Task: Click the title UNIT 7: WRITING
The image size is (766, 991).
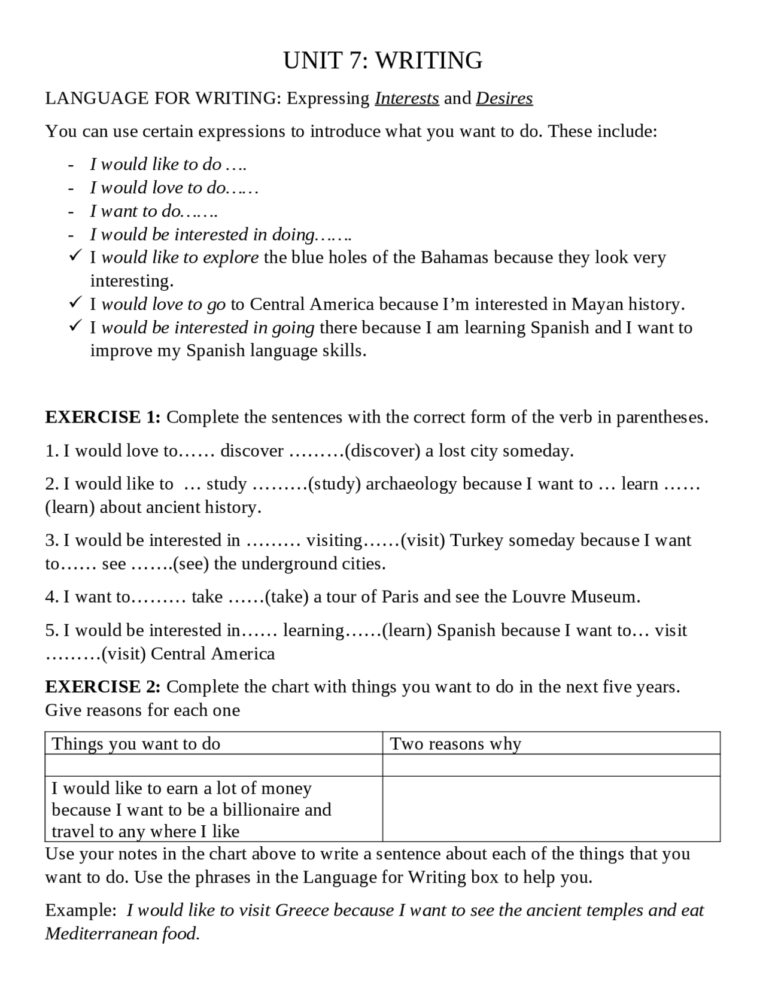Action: click(382, 61)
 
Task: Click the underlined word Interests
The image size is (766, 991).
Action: click(407, 98)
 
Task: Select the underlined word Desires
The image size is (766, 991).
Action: click(504, 98)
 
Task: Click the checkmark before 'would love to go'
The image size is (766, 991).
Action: click(75, 303)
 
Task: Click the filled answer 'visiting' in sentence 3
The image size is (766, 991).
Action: click(334, 540)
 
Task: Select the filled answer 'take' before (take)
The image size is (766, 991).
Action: click(207, 597)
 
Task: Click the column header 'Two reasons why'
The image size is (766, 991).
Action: click(455, 744)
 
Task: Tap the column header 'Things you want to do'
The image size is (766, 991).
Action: click(136, 744)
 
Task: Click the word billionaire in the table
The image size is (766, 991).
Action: click(261, 810)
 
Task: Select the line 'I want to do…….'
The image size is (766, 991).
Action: click(154, 211)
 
